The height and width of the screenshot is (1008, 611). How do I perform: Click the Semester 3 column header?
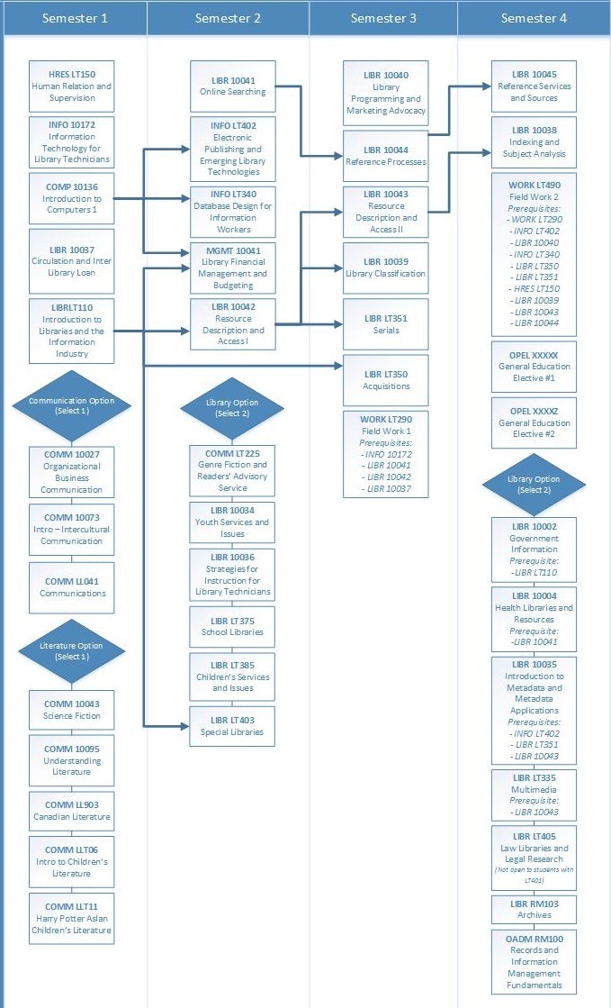[x=383, y=18]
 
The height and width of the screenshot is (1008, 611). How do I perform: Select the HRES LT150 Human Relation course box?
[x=72, y=86]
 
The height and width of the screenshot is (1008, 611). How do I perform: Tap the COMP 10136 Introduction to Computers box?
[x=72, y=198]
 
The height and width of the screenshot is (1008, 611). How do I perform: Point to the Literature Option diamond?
[x=72, y=651]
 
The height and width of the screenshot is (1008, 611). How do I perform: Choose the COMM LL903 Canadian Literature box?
[x=72, y=811]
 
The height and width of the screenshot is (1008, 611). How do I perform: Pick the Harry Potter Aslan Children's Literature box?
[x=72, y=918]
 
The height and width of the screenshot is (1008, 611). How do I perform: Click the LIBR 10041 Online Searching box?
[x=232, y=86]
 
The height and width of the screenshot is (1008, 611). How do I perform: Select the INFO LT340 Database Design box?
[x=232, y=211]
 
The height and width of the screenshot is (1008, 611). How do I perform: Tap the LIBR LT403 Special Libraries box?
[x=232, y=726]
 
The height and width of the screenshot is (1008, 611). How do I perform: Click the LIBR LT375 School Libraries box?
[x=232, y=626]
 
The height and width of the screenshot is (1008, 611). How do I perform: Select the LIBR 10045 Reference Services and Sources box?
[x=534, y=86]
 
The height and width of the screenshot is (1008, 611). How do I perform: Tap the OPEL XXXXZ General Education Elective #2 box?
[x=534, y=422]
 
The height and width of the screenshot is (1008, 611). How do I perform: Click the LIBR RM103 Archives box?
[x=534, y=909]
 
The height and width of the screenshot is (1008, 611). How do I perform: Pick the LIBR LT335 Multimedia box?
[x=534, y=794]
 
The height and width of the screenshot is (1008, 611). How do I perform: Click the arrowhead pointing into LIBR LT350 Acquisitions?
[x=339, y=365]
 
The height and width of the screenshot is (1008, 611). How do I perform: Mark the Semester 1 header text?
[x=75, y=18]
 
